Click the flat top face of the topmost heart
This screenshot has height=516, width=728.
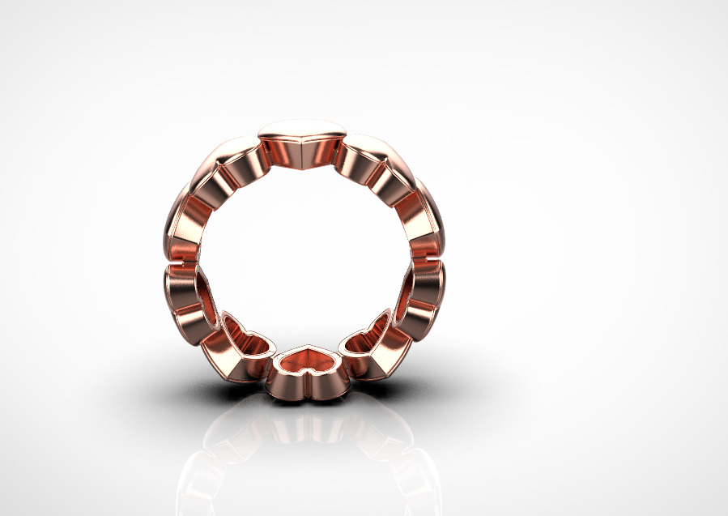[x=301, y=128]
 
